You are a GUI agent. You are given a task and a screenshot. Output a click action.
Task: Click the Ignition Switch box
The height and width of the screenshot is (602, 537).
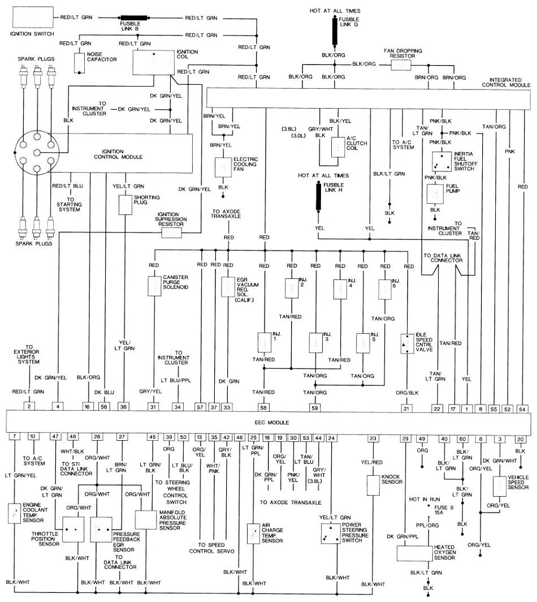[x=33, y=18]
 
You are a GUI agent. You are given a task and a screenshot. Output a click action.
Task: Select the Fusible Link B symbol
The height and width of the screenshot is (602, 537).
[x=134, y=18]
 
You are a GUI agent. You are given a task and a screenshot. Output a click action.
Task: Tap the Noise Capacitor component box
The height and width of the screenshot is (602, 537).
[x=79, y=63]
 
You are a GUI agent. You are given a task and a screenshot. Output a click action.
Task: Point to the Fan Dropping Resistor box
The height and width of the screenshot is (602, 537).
[x=401, y=65]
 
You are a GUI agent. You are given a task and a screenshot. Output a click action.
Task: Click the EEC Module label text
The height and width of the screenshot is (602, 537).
[x=272, y=422]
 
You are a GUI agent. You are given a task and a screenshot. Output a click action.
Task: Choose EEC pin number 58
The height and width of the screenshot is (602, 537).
[x=263, y=407]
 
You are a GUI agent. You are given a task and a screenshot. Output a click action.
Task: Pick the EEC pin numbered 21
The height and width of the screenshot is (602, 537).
[x=406, y=408]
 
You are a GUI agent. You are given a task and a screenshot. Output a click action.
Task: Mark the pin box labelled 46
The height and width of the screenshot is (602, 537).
[x=239, y=437]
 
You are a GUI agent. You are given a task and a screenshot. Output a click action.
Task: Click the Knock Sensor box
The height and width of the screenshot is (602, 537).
[x=373, y=485]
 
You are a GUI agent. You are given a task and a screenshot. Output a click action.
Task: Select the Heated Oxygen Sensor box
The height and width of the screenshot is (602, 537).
[x=415, y=553]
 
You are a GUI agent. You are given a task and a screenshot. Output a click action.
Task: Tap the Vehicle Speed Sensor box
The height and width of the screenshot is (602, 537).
[x=500, y=487]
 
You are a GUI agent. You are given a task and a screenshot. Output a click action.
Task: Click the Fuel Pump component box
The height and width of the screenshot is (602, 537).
[x=435, y=194]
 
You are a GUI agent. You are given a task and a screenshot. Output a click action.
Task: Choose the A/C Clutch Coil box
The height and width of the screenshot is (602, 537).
[x=338, y=147]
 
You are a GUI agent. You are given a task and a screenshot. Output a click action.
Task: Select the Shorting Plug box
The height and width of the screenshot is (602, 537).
[x=125, y=205]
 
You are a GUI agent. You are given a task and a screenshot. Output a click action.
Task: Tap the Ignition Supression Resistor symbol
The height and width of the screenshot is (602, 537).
[x=171, y=233]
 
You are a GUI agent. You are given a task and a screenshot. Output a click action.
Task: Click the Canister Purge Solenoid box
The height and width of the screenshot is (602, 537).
[x=154, y=286]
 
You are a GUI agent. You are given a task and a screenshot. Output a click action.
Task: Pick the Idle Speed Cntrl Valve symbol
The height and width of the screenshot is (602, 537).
[x=407, y=344]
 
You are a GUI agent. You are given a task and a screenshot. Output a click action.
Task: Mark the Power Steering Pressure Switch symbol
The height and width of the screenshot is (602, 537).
[x=331, y=534]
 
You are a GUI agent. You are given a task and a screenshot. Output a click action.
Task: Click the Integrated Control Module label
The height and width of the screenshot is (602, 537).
[x=506, y=83]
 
